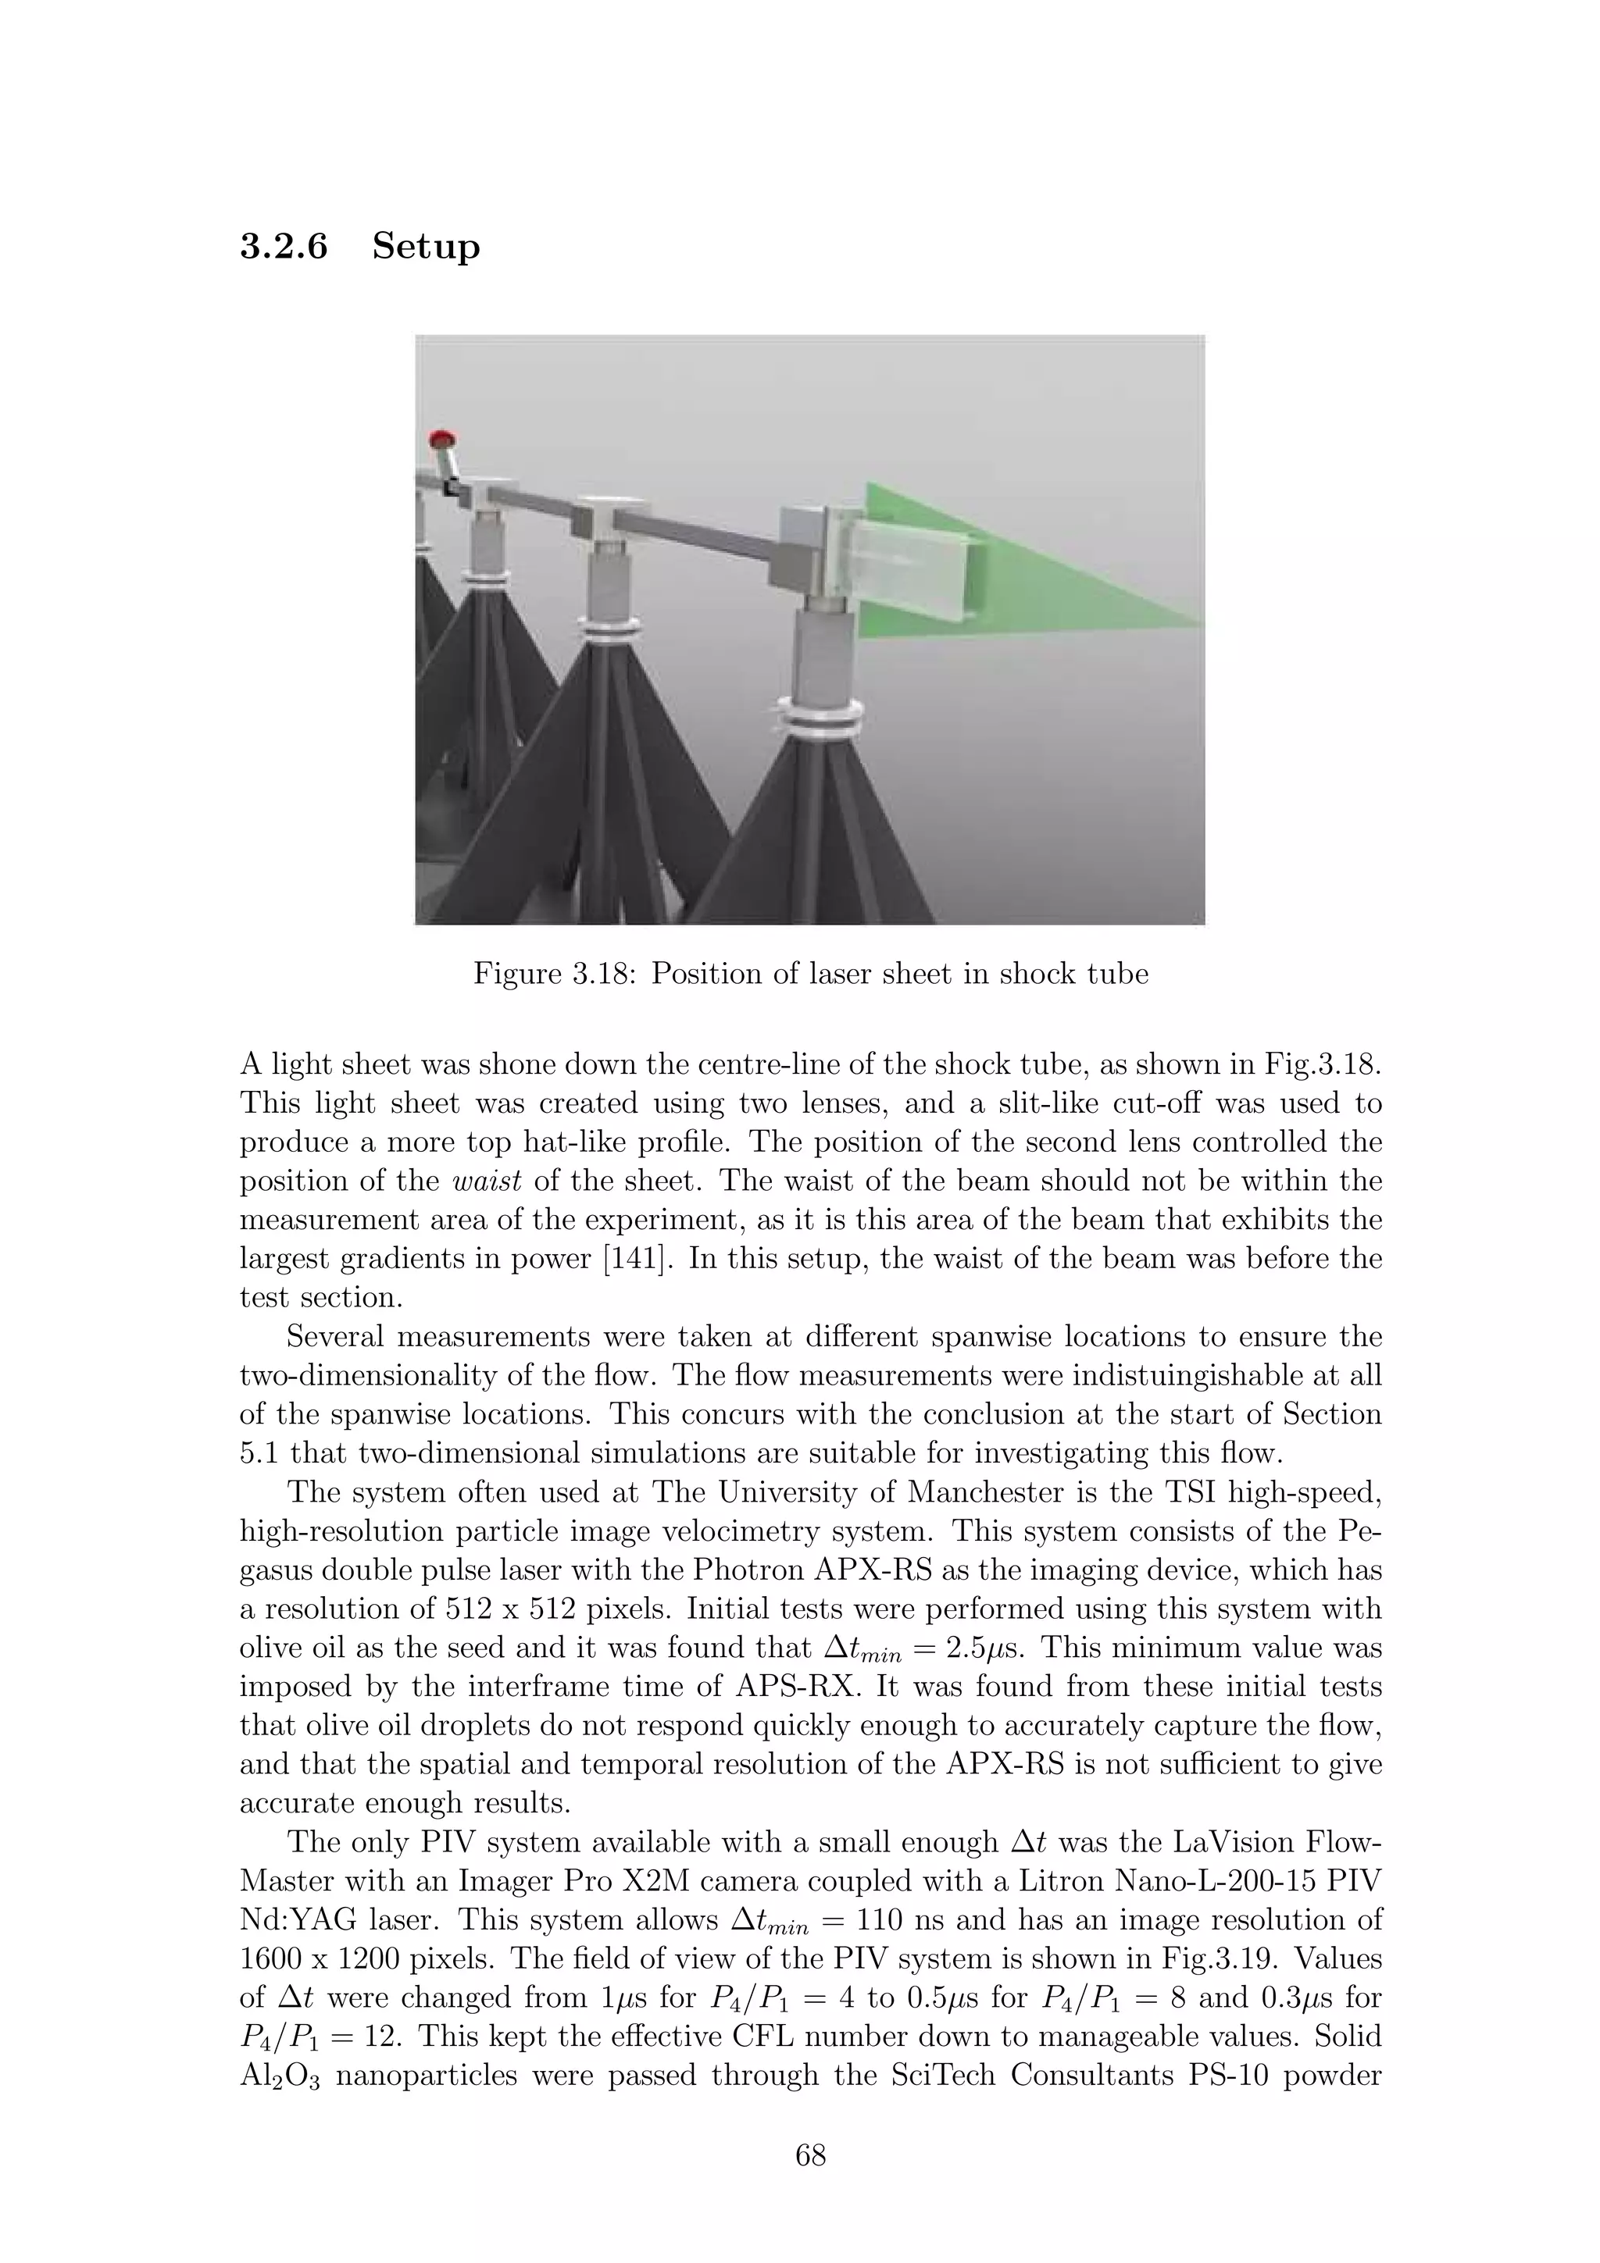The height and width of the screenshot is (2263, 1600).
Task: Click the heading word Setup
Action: pyautogui.click(x=426, y=247)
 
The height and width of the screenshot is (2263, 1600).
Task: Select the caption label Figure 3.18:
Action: pyautogui.click(x=557, y=974)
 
